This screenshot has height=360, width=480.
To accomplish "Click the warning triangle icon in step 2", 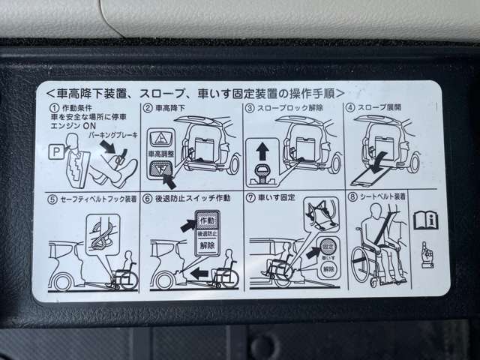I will (x=160, y=139).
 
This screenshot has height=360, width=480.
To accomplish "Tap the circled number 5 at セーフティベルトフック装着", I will (x=51, y=199).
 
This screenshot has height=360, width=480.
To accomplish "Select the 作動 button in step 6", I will (x=207, y=221).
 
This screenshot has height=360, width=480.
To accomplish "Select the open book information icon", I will (x=424, y=220).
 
